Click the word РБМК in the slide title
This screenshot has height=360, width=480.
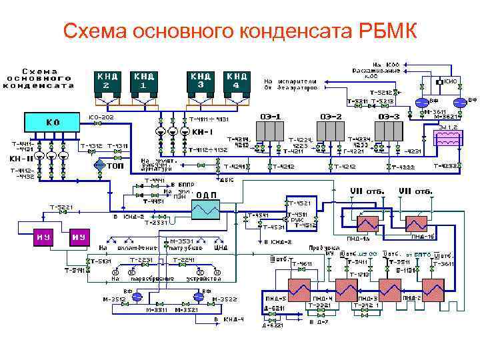click(x=377, y=31)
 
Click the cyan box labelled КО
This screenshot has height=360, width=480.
click(x=52, y=123)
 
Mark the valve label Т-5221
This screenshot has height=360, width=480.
click(x=59, y=207)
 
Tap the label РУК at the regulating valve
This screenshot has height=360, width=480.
click(x=294, y=219)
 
